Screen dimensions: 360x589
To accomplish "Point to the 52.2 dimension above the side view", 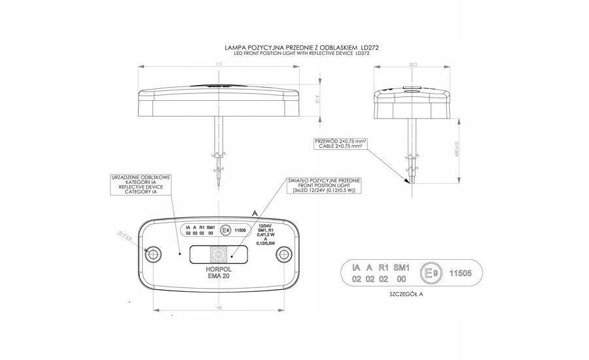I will tap(413, 64).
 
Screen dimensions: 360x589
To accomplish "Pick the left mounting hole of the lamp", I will tap(155, 253).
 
